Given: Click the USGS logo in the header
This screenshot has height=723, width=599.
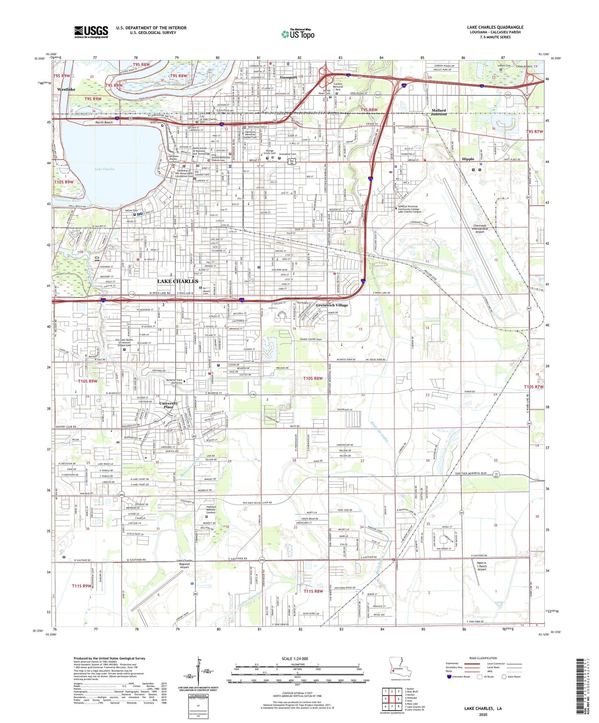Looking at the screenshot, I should tap(91, 31).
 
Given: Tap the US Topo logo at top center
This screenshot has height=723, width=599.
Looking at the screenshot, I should tap(297, 34).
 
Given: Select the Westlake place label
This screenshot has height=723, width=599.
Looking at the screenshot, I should tap(66, 89).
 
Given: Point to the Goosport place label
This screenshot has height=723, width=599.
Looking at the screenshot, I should tap(289, 77).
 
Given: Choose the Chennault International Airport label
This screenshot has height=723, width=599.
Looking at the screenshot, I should tap(480, 228).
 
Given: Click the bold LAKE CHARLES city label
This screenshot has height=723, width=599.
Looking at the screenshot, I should tap(178, 281).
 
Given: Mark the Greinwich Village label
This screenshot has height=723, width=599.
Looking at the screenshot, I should tap(332, 305).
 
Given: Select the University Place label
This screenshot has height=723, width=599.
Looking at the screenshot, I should tap(169, 405).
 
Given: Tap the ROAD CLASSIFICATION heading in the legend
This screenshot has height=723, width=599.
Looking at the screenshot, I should tap(483, 658).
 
